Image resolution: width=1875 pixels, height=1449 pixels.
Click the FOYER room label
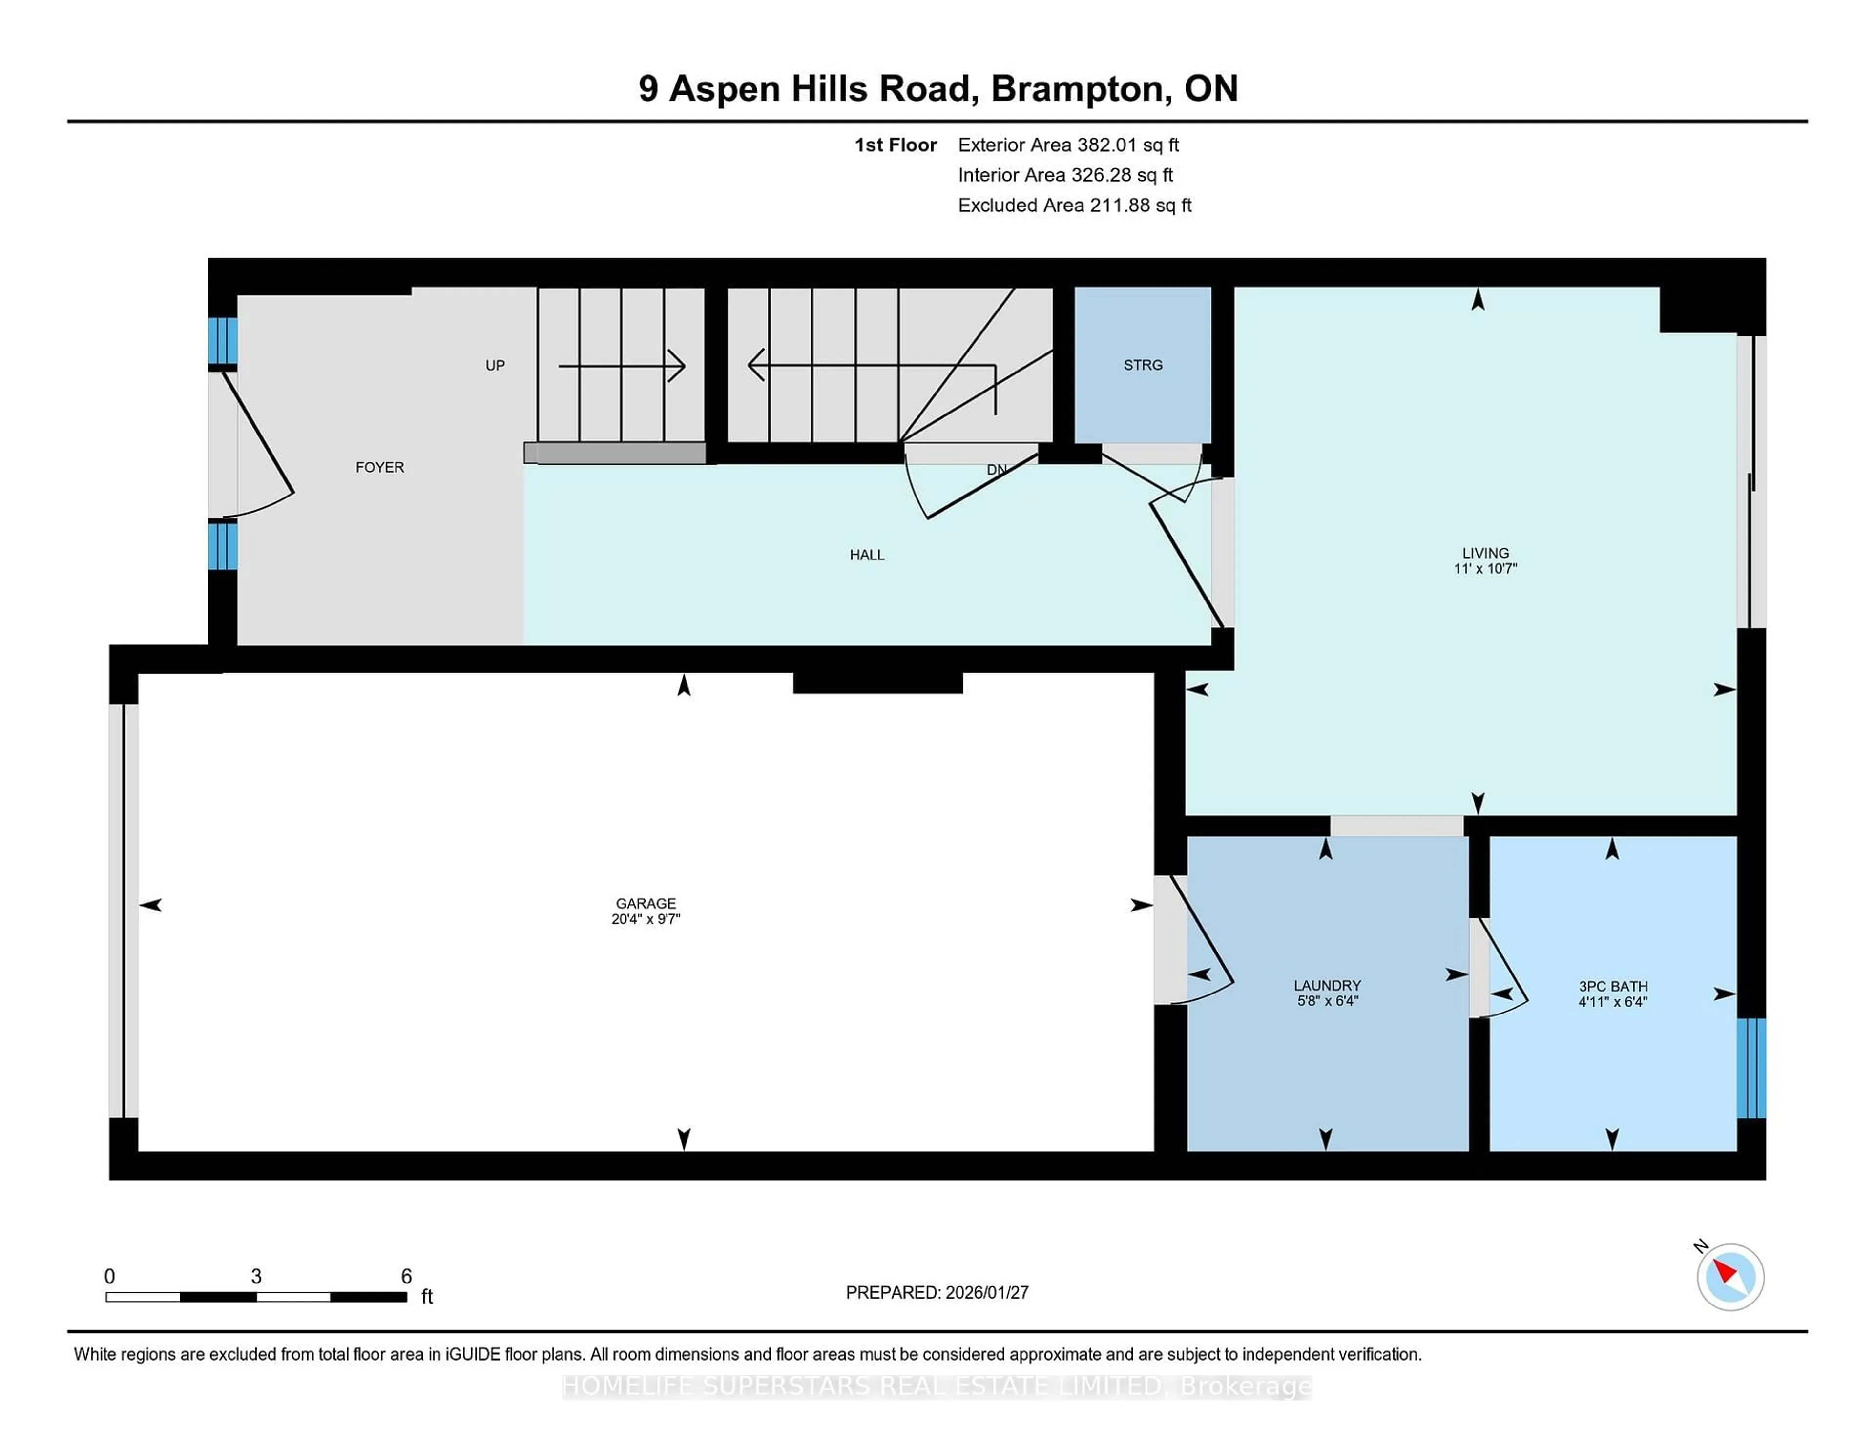coord(379,467)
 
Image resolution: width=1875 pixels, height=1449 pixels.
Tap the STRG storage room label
coord(1143,365)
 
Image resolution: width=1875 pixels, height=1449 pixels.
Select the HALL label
coord(866,555)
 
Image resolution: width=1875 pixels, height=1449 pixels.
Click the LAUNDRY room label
coord(1327,986)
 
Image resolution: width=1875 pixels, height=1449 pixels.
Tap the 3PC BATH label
coord(1612,986)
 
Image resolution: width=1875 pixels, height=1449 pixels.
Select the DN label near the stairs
coord(996,470)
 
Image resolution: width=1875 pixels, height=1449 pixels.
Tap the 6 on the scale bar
coord(406,1277)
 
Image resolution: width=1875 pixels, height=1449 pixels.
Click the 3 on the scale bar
coord(256,1277)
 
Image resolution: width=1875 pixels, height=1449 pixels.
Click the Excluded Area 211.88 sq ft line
coord(1074,205)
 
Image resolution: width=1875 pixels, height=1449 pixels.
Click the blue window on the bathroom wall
coord(1750,1068)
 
